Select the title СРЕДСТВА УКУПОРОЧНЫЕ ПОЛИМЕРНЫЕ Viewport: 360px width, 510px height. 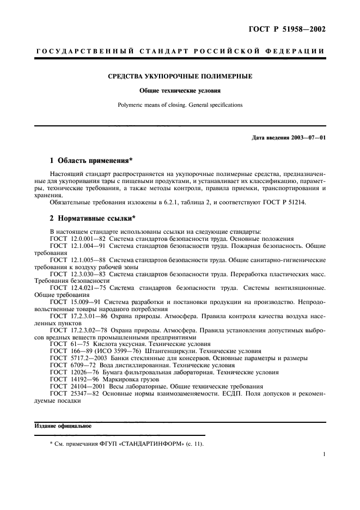click(x=180, y=76)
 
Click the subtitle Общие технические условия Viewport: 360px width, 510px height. click(x=180, y=90)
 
